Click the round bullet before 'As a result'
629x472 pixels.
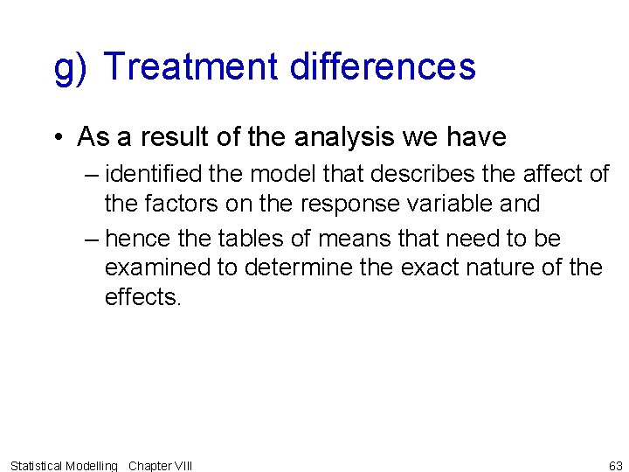57,138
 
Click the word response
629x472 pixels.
343,204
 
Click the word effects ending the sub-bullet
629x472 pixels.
142,296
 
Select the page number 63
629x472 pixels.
615,466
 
